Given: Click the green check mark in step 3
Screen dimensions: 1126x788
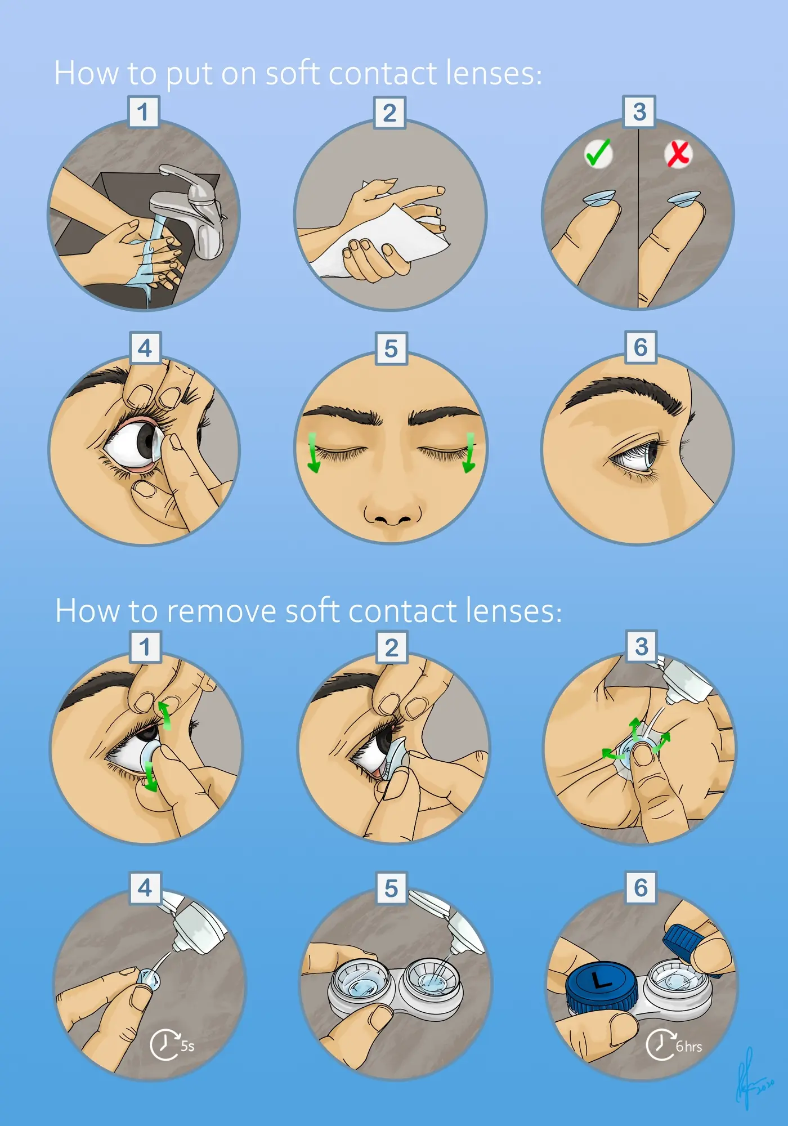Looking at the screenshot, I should click(598, 153).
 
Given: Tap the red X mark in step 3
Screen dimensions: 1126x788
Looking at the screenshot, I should click(678, 154).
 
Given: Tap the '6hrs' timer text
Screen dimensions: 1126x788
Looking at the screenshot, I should click(689, 1047).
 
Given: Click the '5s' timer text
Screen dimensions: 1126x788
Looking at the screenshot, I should click(187, 1046).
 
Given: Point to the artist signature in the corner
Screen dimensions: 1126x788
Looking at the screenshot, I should click(751, 1078).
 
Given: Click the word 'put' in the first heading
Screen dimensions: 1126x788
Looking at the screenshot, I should click(189, 74).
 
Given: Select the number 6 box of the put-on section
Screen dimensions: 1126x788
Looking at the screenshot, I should click(641, 347).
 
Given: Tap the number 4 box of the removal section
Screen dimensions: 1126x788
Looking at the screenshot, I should click(145, 888).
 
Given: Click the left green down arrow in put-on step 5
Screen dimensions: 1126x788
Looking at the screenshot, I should click(314, 454).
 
